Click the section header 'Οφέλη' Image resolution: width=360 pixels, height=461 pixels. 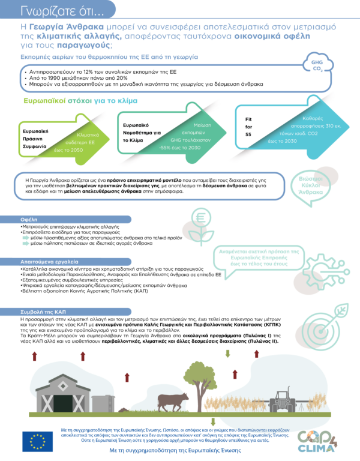30,220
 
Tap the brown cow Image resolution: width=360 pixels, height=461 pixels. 173,400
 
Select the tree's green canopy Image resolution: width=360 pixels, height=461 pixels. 197,373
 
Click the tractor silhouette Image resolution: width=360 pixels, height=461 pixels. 282,401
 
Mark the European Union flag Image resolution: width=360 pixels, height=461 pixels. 37,441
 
